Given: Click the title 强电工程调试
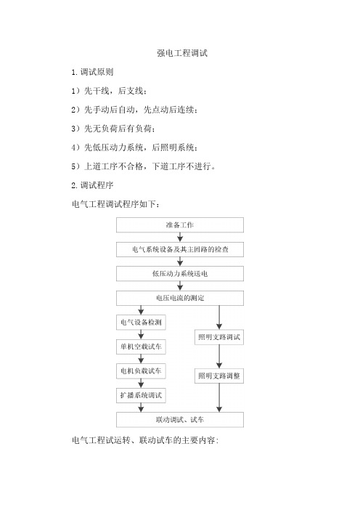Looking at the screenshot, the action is click(182, 53).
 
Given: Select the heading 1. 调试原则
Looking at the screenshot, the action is click(92, 72).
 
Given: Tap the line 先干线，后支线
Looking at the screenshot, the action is click(109, 91).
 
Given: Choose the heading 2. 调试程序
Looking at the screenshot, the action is click(92, 185).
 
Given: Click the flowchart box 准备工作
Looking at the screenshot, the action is click(180, 224).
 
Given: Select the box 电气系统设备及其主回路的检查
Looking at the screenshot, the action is click(180, 249).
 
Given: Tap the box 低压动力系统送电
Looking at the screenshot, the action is click(180, 274).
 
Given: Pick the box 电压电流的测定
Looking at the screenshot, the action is click(180, 298).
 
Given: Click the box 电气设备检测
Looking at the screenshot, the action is click(141, 323).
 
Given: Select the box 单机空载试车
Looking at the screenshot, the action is click(141, 347).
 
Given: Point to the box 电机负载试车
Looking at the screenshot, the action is click(141, 371).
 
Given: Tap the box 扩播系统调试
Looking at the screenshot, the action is click(141, 395).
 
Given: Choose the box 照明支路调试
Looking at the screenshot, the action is click(219, 337).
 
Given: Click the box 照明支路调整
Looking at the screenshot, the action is click(219, 376).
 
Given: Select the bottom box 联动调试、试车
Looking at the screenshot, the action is click(180, 420).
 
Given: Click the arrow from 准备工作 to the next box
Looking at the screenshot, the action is click(180, 237).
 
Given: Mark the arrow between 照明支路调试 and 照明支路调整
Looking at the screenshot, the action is click(219, 357).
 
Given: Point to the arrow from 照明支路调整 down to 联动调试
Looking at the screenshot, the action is click(219, 398).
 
